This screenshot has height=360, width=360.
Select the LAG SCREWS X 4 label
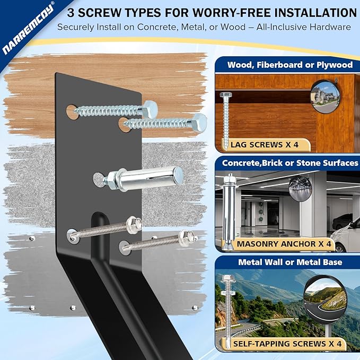tap(264, 145)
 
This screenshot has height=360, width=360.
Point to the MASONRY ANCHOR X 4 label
tap(284, 244)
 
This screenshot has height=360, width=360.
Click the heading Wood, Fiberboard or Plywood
tap(290, 65)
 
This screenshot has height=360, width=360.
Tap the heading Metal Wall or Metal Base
tap(290, 262)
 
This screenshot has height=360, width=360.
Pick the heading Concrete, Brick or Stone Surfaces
tap(290, 163)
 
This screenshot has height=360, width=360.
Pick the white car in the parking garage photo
tap(345, 237)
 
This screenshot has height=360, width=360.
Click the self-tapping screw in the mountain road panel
tap(226, 310)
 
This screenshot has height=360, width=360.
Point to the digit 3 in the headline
tap(71, 13)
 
